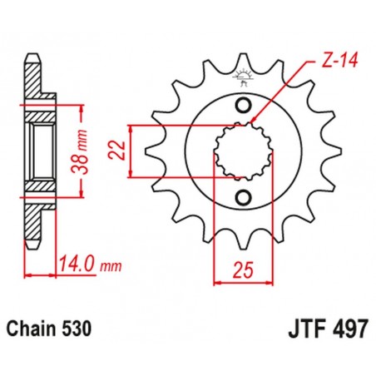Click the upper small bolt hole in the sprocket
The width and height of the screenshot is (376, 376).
click(244, 105)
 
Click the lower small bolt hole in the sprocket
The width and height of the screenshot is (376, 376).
click(244, 197)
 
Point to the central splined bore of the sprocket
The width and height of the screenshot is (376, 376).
click(243, 151)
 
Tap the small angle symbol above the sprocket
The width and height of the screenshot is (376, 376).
click(244, 80)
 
